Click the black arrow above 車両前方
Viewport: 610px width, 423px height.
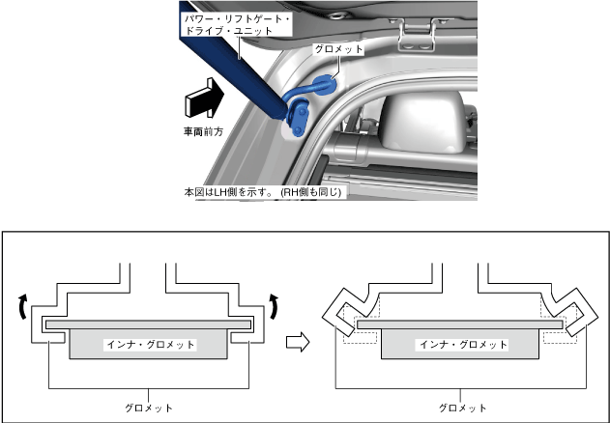pos(203,100)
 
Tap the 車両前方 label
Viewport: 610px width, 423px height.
pos(204,130)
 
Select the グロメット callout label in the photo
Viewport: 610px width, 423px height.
pos(337,48)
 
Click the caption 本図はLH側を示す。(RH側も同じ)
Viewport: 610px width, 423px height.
pos(264,192)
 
